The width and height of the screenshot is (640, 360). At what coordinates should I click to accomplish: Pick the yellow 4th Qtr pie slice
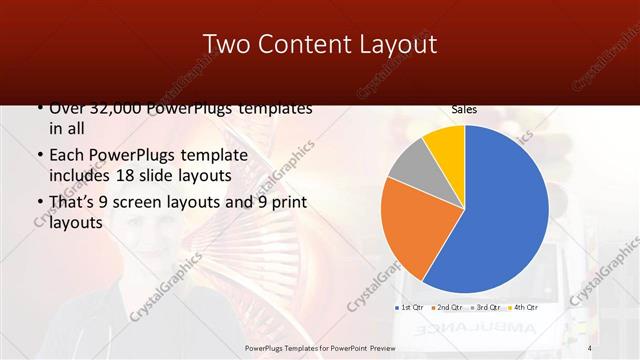click(x=446, y=146)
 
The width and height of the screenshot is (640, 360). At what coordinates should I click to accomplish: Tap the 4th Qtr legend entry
click(x=525, y=307)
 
